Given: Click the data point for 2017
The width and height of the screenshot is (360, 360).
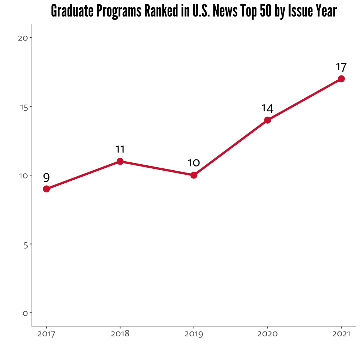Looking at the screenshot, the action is [x=46, y=189].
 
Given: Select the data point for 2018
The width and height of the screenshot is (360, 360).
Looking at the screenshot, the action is [x=120, y=161].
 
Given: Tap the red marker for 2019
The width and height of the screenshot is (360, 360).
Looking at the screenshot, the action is [x=194, y=175].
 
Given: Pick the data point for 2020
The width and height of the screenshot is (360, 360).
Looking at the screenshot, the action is [x=267, y=120].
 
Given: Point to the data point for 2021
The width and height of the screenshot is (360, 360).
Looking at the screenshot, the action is [x=341, y=79].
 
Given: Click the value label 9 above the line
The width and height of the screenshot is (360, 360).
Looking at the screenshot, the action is [x=46, y=177].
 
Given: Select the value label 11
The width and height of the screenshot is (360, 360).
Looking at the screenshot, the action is [x=120, y=149].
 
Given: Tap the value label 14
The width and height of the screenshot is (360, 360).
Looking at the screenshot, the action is [x=267, y=108].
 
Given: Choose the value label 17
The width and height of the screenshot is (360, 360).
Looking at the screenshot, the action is [x=341, y=67].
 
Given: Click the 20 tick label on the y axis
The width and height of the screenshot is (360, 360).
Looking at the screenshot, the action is [x=23, y=38].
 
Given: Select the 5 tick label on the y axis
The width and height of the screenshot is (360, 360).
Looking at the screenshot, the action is [x=26, y=245].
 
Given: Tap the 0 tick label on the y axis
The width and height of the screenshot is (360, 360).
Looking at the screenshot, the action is [x=25, y=313].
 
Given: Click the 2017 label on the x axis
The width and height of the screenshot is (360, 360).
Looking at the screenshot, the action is [x=46, y=334].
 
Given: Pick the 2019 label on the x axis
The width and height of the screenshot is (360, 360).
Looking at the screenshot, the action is [x=194, y=334].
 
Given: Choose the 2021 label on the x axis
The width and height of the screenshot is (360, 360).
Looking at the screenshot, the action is [x=341, y=334].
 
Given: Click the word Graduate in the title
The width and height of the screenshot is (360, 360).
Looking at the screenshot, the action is [x=72, y=10].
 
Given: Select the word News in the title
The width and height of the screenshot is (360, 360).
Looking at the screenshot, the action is [x=225, y=10].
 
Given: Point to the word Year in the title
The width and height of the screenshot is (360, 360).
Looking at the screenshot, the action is [x=326, y=10].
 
